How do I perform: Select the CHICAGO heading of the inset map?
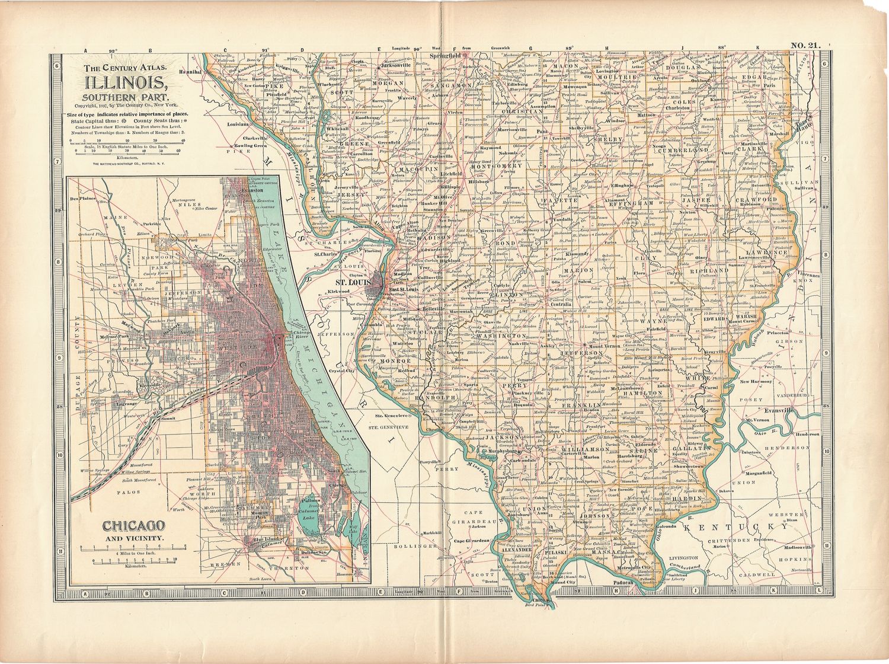(x=133, y=525)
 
